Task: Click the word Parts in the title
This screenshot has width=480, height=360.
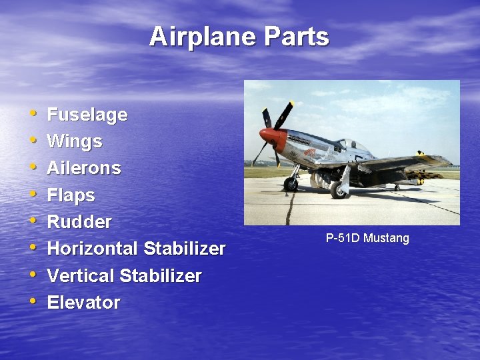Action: click(296, 37)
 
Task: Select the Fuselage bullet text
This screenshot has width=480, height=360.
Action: click(87, 115)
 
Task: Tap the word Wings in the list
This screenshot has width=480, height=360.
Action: click(74, 141)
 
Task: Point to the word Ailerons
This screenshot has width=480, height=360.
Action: click(83, 168)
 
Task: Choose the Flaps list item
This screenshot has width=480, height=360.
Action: click(71, 195)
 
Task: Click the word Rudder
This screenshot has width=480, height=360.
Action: click(79, 221)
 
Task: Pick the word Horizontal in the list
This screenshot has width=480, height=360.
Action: click(91, 249)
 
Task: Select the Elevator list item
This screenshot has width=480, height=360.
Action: click(83, 302)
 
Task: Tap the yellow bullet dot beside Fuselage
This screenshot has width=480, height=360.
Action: click(33, 113)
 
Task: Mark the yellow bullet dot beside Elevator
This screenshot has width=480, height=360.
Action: click(33, 301)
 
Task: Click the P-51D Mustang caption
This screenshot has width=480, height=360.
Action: click(367, 238)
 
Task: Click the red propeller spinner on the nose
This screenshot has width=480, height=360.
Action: click(267, 135)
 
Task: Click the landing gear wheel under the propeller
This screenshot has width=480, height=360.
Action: click(291, 185)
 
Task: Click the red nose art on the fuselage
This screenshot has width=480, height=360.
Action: click(309, 152)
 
